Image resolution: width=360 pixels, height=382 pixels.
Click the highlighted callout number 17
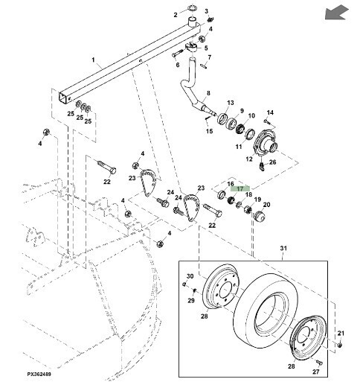(240, 189)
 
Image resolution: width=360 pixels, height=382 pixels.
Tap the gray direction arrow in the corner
(336, 13)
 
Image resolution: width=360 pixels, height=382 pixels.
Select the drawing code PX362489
(39, 374)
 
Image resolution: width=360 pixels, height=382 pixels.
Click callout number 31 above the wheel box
(283, 248)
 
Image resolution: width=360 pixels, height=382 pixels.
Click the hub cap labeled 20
(260, 216)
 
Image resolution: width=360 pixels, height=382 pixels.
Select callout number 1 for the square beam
(93, 60)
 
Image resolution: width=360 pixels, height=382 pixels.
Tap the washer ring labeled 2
(193, 8)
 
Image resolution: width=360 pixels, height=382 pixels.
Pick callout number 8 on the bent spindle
(208, 93)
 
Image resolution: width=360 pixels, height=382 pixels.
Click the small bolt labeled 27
(319, 362)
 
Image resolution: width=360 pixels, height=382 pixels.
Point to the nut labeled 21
(340, 345)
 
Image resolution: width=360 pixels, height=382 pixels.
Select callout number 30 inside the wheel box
(190, 276)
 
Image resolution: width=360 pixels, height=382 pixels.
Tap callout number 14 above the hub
(270, 112)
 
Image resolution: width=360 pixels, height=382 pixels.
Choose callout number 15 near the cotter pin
(210, 131)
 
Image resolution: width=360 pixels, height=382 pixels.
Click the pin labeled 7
(204, 66)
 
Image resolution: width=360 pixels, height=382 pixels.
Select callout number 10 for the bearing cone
(251, 115)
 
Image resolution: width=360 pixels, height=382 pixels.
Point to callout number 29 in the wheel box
(191, 301)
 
